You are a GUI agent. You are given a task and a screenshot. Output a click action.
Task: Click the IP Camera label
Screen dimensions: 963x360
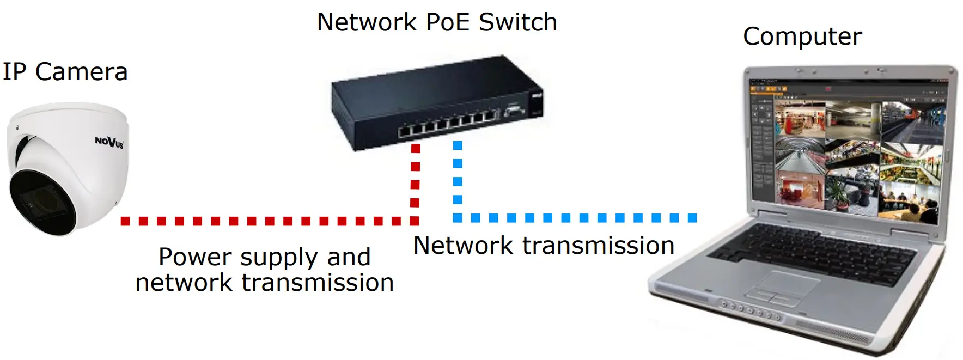pos(65,72)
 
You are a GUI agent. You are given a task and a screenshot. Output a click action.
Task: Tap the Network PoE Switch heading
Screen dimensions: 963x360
pos(437,22)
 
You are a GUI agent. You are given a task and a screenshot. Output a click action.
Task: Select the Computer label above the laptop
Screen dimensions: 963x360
pos(802,37)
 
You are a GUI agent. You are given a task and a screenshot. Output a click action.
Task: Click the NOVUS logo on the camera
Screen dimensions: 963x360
pos(109,142)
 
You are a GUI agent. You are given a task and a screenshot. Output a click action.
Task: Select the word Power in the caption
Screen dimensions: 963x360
pos(194,258)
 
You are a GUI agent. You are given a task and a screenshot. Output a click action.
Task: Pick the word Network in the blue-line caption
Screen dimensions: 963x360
pos(463,246)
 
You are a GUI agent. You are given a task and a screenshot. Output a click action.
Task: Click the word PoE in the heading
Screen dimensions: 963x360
pos(447,22)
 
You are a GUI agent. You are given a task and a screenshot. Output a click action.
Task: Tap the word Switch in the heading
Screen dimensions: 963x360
pos(518,22)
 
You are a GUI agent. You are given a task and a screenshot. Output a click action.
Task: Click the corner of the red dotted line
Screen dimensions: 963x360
pos(415,221)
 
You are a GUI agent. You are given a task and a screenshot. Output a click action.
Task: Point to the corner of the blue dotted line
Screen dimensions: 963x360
pos(458,218)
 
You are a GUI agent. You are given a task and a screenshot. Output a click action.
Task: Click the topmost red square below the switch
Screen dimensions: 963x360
pos(416,148)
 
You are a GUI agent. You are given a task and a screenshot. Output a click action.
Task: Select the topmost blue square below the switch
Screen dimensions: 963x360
pos(458,145)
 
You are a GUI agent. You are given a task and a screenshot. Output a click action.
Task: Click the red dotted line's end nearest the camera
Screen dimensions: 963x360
pos(125,221)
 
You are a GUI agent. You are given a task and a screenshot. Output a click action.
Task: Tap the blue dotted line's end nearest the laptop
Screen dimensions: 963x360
pos(692,218)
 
